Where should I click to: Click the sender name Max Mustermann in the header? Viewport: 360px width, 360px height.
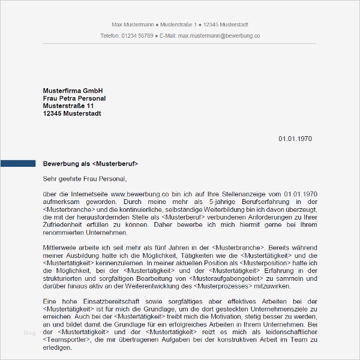coord(132,24)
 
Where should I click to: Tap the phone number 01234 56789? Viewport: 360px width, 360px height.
coord(138,36)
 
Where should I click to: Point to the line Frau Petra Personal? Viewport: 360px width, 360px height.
coord(74,98)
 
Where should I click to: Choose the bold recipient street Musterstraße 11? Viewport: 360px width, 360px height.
coord(68,106)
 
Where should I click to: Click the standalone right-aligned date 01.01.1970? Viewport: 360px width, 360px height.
coord(295,139)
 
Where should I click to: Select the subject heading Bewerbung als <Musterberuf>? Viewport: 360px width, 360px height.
coord(91,163)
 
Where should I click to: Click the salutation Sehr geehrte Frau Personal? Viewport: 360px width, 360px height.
coord(85,178)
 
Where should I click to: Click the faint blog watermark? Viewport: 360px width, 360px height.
coord(29,332)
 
